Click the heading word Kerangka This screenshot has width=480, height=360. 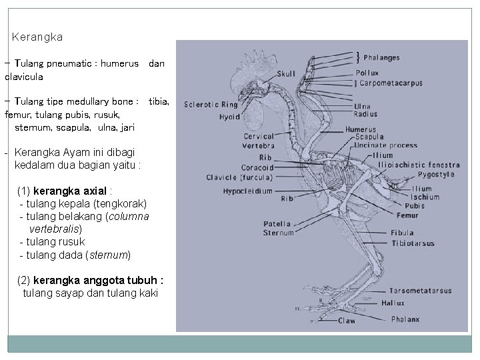(37, 37)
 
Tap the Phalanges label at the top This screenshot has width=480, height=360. (382, 58)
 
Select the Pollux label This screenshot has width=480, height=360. (367, 73)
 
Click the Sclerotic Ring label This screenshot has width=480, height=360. (211, 105)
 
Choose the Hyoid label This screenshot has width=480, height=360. (229, 117)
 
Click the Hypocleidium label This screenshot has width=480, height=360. (248, 191)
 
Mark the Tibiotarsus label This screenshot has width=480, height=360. (413, 243)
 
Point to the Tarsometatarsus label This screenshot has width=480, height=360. (421, 291)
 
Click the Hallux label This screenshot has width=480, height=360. (393, 303)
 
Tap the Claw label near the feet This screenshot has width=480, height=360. (347, 321)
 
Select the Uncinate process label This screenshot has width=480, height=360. (386, 145)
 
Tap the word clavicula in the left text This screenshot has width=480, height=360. (24, 77)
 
